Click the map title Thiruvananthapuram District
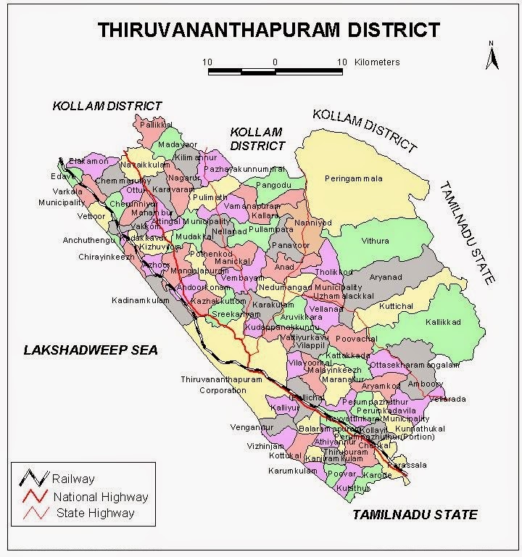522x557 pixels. pos(269,30)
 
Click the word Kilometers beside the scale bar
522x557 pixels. pos(377,62)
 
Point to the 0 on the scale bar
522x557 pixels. pos(275,62)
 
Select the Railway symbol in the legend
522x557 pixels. pos(34,479)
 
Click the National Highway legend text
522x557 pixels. pos(100,497)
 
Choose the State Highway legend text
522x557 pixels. pos(95,513)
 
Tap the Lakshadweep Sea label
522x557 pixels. pos(90,350)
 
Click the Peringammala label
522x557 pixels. pos(353,178)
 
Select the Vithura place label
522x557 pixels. pos(375,241)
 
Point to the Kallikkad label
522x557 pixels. pos(443,321)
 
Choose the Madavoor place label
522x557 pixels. pos(178,145)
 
